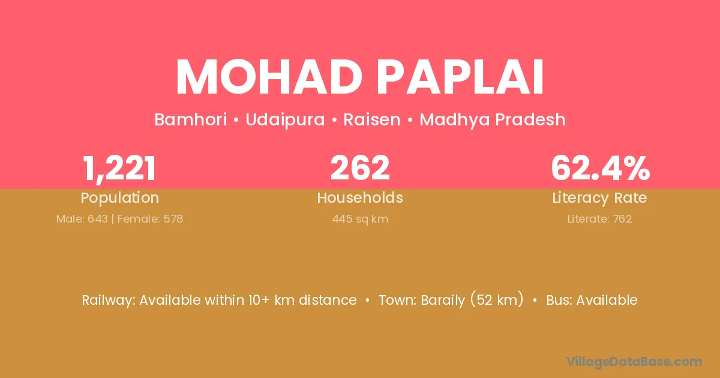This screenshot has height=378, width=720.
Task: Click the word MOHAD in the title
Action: coord(269,77)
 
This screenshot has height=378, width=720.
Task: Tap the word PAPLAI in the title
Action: coord(460,77)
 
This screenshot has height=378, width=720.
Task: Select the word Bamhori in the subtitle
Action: coord(191,119)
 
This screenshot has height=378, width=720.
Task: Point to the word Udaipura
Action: coord(285,120)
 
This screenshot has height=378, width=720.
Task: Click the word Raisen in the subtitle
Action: coord(372,119)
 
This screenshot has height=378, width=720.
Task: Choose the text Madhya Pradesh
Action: coord(493,120)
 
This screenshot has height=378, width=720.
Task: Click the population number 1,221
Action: coord(119,169)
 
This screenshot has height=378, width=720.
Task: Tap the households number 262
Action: coord(360,167)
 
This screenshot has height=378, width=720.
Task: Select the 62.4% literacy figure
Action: coord(600,167)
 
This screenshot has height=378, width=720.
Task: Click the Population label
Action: coord(119,198)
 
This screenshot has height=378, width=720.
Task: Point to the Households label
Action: coord(360,197)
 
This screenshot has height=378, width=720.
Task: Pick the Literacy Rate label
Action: coord(599,198)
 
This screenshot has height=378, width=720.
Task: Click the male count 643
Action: coord(98,219)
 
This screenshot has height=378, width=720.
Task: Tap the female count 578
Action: coord(173,219)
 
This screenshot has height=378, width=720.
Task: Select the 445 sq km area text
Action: coord(360,219)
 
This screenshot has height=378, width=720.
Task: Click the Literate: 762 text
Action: coord(599,219)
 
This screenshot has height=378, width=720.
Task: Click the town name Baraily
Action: coord(443,301)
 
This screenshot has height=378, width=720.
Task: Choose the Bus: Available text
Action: coord(592,300)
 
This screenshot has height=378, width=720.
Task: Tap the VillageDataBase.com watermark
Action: coord(634,362)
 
